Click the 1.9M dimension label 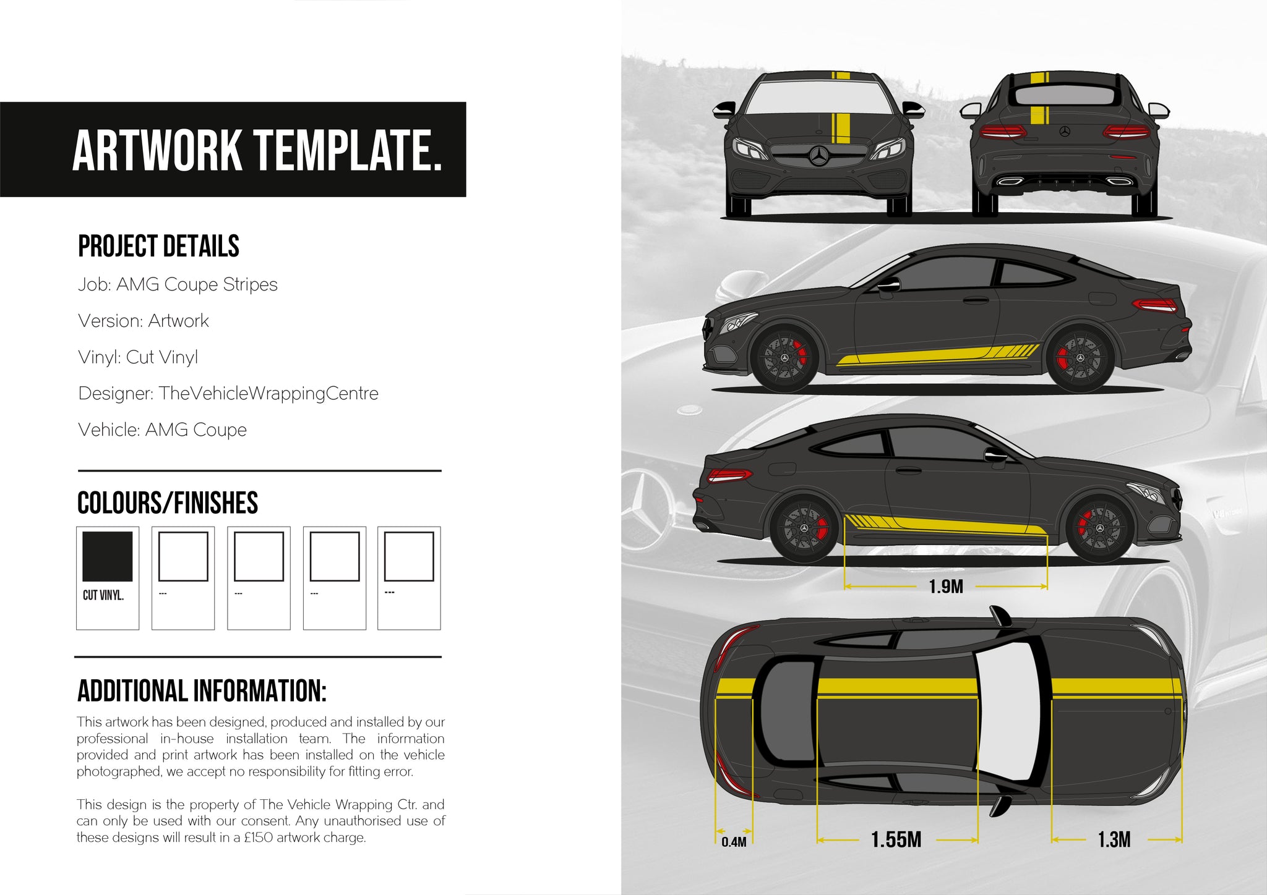tap(946, 587)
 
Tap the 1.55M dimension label tap(896, 839)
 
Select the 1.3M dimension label tap(1114, 839)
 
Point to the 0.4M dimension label tap(734, 842)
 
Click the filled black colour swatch tap(108, 556)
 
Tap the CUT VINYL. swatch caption tap(103, 595)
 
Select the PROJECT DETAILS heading tap(158, 246)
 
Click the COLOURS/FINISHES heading tap(168, 503)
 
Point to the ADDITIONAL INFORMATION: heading tap(202, 691)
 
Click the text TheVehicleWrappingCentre tap(268, 393)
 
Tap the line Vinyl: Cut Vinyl tap(138, 357)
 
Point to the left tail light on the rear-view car tap(1001, 131)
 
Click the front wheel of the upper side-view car tap(784, 358)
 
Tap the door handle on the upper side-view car tap(976, 300)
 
